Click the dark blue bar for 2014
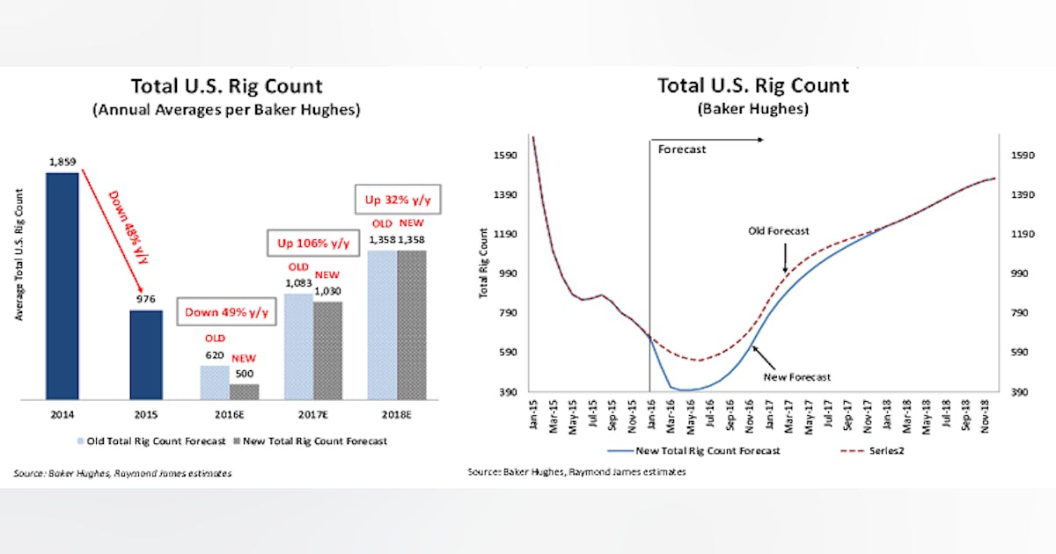pyautogui.click(x=62, y=286)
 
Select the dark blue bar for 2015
pyautogui.click(x=146, y=354)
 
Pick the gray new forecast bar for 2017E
pyautogui.click(x=327, y=351)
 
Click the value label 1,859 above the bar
pyautogui.click(x=62, y=162)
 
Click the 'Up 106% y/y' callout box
pyautogui.click(x=313, y=241)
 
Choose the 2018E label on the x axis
pyautogui.click(x=397, y=413)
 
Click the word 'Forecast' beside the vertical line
pyautogui.click(x=682, y=149)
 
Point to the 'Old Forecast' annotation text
pyautogui.click(x=778, y=231)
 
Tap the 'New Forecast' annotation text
pyautogui.click(x=796, y=376)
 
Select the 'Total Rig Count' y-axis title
pyautogui.click(x=483, y=263)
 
